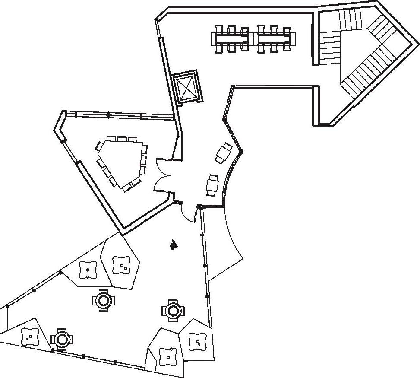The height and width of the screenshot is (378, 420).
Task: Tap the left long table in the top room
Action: tap(232, 39)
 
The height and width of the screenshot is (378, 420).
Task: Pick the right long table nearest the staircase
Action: tap(275, 39)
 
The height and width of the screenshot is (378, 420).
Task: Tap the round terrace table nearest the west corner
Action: tap(61, 339)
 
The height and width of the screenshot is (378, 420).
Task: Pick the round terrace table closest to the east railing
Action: tap(173, 310)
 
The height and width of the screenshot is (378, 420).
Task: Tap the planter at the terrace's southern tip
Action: tap(166, 354)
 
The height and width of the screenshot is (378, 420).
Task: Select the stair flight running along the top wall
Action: tap(350, 19)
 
